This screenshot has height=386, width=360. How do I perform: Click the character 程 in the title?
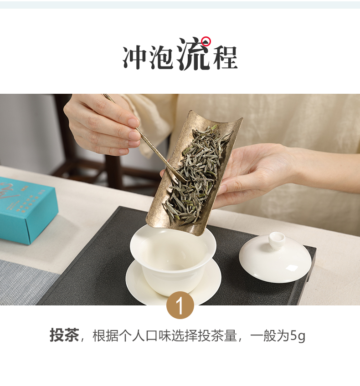[225, 57]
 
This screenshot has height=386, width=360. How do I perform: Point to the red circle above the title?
[206, 41]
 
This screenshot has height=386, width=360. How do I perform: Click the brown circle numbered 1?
[180, 305]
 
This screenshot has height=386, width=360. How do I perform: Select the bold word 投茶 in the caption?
[64, 335]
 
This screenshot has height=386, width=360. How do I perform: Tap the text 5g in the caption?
[298, 335]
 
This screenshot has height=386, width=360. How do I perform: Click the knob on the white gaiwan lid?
[277, 240]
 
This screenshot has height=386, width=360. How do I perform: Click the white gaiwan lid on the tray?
[275, 257]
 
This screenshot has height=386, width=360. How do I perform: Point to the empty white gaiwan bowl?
[173, 259]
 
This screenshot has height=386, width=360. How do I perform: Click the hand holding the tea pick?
[103, 126]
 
